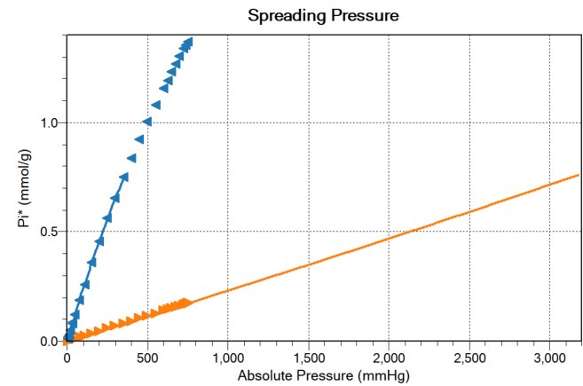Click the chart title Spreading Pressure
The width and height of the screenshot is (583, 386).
324,16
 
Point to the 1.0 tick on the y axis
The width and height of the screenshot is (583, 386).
52,122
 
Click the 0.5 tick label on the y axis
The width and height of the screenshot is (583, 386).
52,232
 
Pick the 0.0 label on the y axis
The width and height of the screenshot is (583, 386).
52,341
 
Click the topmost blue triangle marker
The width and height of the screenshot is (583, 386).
188,42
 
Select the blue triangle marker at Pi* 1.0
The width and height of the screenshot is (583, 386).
147,122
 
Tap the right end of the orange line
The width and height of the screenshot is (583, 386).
580,175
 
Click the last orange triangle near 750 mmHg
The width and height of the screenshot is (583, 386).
186,303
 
